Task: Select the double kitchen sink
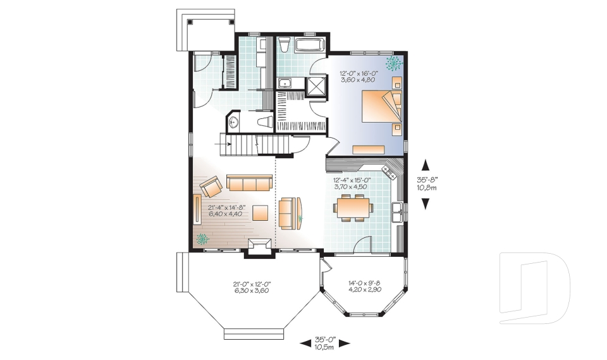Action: (x=397, y=212)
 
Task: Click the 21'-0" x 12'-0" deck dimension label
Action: (x=250, y=288)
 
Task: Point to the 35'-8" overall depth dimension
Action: (x=427, y=183)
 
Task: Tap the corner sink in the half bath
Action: (x=233, y=122)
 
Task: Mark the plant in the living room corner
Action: (x=202, y=239)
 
